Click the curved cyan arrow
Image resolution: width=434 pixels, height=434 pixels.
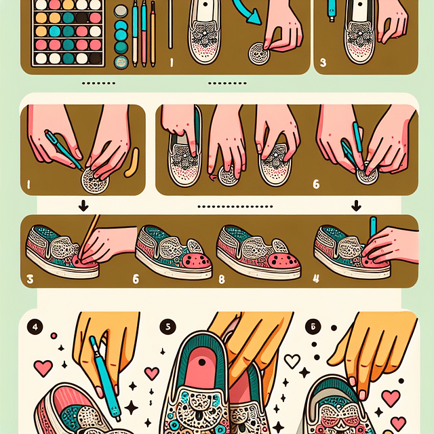coord(245,11)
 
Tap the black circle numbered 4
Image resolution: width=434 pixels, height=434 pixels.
coord(35,327)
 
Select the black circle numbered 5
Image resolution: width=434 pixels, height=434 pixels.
coord(167,327)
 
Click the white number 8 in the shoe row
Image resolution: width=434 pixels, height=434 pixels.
coord(222,279)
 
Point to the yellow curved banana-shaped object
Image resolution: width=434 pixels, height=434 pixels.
coord(132,163)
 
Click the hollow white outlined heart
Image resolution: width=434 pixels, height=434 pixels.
coord(292,361)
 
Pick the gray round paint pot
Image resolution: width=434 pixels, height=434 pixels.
coord(121,12)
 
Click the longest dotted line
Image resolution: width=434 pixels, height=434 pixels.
coord(235,206)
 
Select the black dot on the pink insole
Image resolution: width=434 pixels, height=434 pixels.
coord(202,362)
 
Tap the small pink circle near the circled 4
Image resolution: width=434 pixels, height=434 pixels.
coord(54,336)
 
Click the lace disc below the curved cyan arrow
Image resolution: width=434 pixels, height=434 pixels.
coord(259,54)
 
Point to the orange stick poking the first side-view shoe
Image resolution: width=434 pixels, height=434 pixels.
coord(89,235)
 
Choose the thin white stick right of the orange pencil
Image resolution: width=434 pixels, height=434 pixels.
coord(170,24)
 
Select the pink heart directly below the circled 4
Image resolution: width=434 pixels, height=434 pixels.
coord(43,368)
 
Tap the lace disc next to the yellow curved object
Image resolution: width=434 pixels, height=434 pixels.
coord(95,181)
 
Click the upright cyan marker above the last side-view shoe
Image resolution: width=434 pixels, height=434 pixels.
coord(373,228)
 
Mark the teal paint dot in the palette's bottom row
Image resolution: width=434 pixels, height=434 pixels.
coord(68,58)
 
